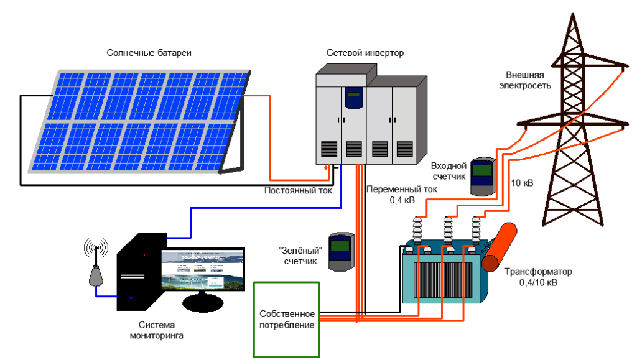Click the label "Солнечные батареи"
click(x=149, y=53)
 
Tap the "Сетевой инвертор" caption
click(x=365, y=53)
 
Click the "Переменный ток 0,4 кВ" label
click(x=402, y=195)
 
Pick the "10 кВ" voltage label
click(x=522, y=183)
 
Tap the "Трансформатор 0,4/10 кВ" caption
click(x=538, y=277)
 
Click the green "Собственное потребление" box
click(x=287, y=319)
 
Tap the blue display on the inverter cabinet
click(x=354, y=98)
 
